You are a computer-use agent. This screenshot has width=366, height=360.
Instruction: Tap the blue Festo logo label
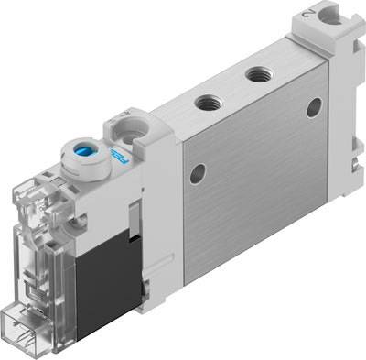tap(118, 157)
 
